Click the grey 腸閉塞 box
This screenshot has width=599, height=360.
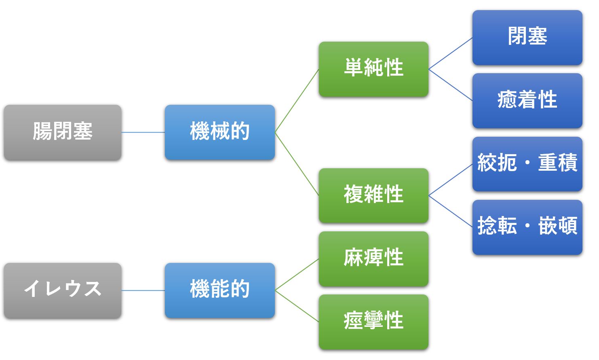click(x=63, y=132)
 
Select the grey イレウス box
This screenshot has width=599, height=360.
click(x=63, y=290)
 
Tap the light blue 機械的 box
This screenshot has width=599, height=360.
click(x=220, y=132)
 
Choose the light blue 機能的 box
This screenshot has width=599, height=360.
click(x=220, y=290)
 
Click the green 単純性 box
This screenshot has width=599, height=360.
click(x=373, y=69)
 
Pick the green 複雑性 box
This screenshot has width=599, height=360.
click(x=373, y=196)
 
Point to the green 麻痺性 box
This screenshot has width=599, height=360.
click(x=373, y=259)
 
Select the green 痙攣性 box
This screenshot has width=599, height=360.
click(x=373, y=322)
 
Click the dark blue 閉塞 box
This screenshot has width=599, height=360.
click(x=527, y=38)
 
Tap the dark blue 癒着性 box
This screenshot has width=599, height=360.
click(x=527, y=101)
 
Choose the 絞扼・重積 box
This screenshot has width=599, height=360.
click(x=527, y=164)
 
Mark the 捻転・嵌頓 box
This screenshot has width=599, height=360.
click(x=527, y=227)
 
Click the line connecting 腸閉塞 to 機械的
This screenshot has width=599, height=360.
click(x=143, y=132)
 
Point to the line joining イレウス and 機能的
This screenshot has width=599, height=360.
click(x=143, y=290)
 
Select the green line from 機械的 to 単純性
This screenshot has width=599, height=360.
click(x=297, y=101)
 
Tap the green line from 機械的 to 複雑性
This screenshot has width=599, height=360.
click(x=297, y=164)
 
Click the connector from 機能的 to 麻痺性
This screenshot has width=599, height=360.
click(x=297, y=275)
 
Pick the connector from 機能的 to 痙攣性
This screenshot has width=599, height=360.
click(x=297, y=306)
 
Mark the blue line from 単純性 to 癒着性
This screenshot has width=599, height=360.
click(x=451, y=85)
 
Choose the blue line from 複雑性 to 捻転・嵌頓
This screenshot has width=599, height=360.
click(x=451, y=212)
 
